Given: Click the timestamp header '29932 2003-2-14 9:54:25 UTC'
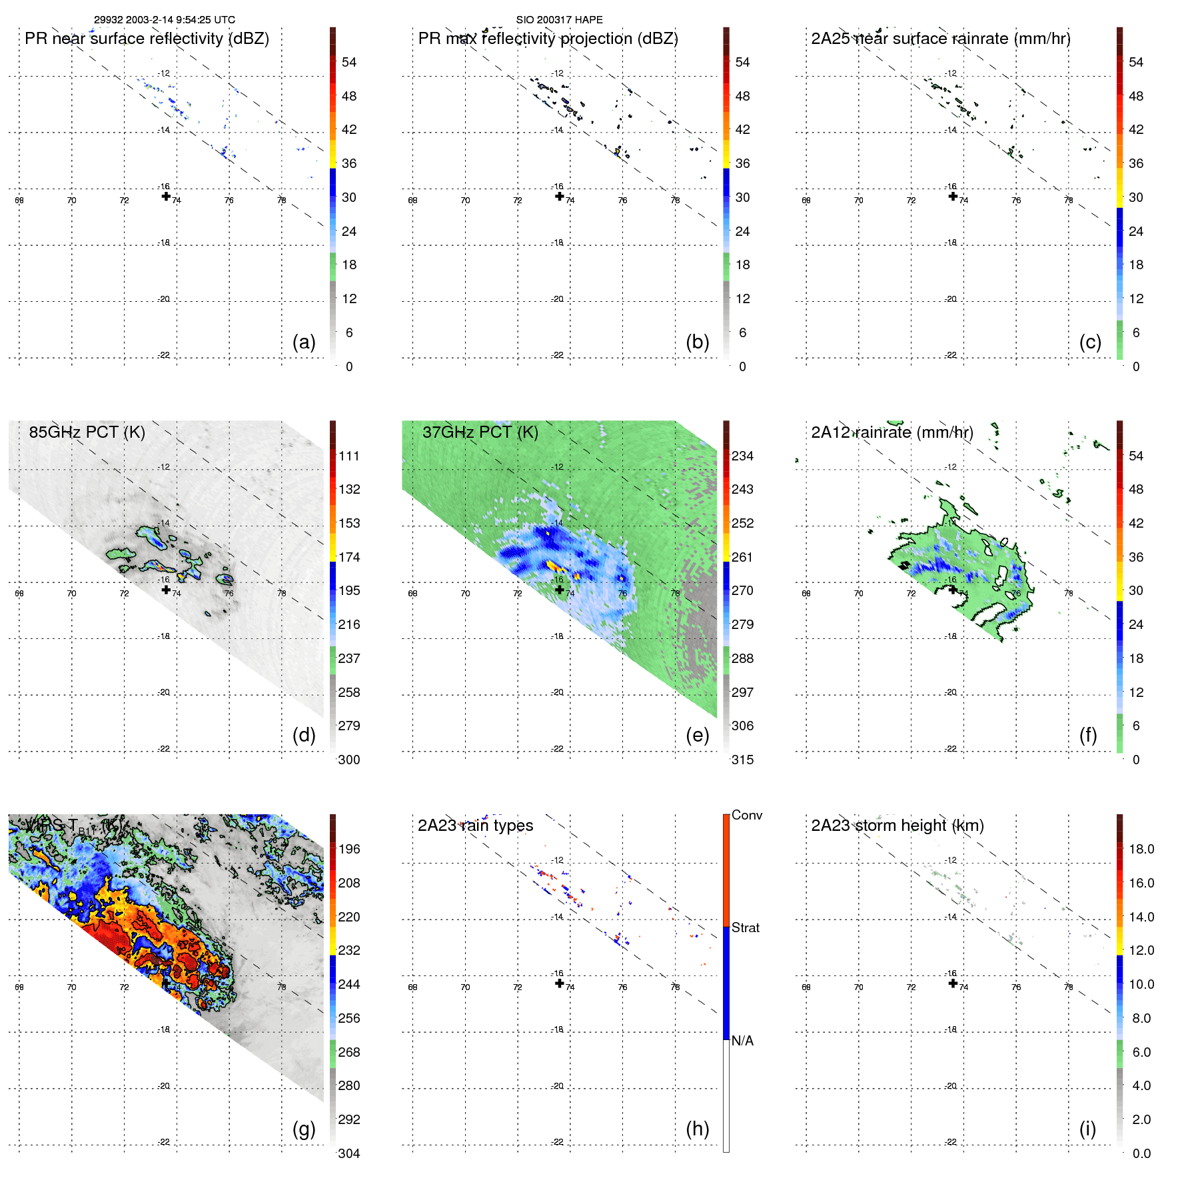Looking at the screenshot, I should (x=164, y=20).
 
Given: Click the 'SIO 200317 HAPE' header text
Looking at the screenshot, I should (x=559, y=20).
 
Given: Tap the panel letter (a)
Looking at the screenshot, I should (x=304, y=342).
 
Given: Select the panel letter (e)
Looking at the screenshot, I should (x=697, y=736).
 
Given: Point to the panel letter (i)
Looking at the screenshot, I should (x=1087, y=1129).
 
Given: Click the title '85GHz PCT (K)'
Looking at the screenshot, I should (x=87, y=432).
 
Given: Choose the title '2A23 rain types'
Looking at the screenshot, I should (x=475, y=826).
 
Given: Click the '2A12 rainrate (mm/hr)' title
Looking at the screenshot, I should (x=891, y=432).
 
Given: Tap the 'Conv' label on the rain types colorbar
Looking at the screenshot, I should (x=746, y=815).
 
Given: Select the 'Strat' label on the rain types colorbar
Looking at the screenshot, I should (x=746, y=927).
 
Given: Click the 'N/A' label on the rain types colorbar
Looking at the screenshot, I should (x=742, y=1041).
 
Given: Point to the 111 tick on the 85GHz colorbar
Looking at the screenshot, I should (x=349, y=456).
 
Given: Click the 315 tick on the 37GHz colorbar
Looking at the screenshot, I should (x=742, y=760).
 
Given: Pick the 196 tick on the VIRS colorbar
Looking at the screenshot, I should (x=349, y=850).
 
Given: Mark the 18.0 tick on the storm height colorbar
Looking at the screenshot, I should (x=1141, y=850).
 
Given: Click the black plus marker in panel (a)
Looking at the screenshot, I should (x=166, y=196).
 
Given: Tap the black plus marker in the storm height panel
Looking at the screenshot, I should (x=953, y=983).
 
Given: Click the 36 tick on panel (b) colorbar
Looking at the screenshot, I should (x=742, y=164).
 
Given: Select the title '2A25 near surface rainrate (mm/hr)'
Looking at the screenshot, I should (x=940, y=39).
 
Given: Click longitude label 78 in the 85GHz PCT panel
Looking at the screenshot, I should (x=282, y=594).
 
